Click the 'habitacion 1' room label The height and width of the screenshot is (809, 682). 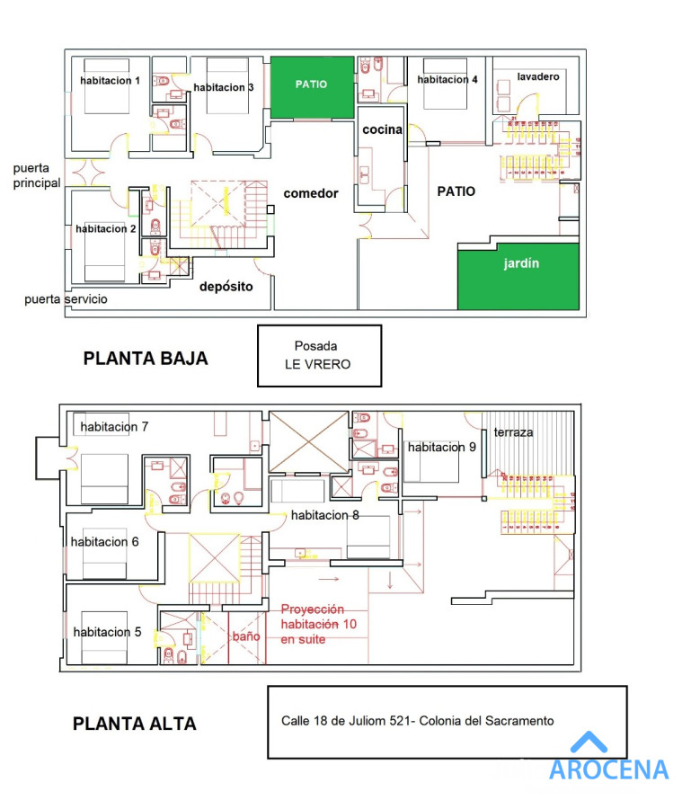tap(110, 81)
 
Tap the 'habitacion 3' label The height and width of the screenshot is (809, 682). tap(223, 87)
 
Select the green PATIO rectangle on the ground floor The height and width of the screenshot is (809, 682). tap(311, 87)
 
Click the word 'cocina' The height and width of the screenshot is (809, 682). tap(382, 129)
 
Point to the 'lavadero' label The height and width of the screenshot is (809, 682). tap(538, 77)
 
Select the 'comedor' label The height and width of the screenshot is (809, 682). tap(310, 193)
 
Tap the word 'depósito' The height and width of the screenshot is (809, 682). tap(226, 287)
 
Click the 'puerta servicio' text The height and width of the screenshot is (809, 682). tap(66, 299)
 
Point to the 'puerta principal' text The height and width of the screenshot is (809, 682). tap(37, 175)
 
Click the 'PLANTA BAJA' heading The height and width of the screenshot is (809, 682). tap(146, 359)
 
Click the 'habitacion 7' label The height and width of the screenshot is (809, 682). tap(114, 426)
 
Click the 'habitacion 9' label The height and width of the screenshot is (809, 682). tap(441, 447)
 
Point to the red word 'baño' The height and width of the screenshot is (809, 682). tap(246, 636)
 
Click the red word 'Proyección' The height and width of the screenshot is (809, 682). tap(313, 609)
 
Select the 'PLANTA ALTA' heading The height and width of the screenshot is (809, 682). tap(134, 724)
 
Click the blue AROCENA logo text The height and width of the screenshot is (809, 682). tap(608, 769)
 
